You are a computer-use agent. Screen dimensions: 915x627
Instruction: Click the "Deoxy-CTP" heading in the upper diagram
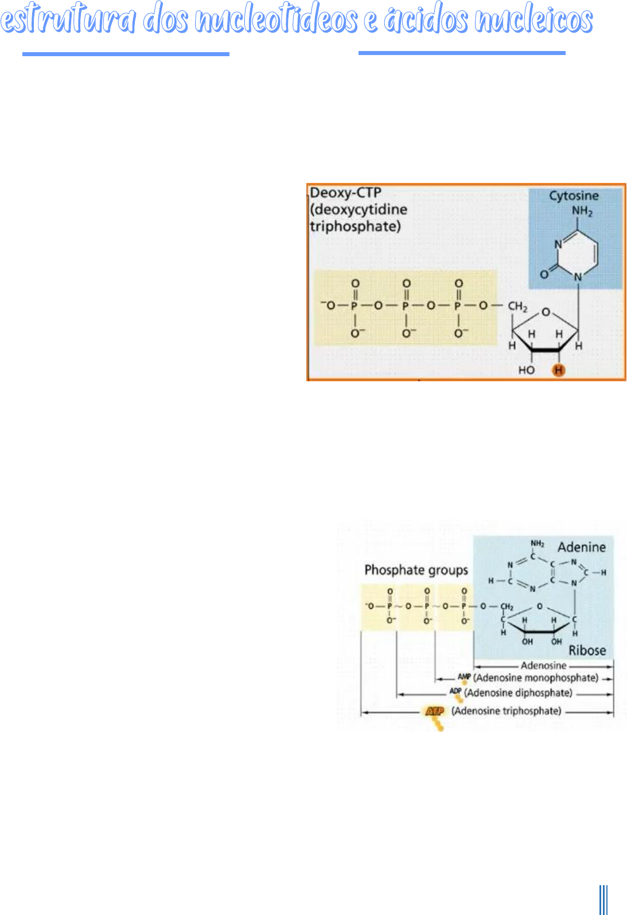click(x=345, y=193)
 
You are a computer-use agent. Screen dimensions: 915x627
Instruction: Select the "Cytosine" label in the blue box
click(x=574, y=196)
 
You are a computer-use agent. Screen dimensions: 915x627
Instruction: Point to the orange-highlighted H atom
click(x=558, y=370)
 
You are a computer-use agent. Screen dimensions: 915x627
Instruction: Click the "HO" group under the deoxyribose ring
click(x=526, y=370)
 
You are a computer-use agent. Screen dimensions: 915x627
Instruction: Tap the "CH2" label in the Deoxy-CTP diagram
click(x=517, y=307)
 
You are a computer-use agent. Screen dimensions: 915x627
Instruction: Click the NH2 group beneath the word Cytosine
click(x=582, y=212)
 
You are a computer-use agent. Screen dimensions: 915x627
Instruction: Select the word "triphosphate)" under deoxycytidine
click(x=355, y=226)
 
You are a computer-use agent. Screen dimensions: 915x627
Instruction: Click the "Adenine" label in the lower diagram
click(x=581, y=547)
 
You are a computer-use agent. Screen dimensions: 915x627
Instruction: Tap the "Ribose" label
click(x=587, y=650)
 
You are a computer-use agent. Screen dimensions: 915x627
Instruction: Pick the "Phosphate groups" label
click(x=416, y=570)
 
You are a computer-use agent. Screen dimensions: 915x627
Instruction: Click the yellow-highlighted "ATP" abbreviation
click(x=434, y=711)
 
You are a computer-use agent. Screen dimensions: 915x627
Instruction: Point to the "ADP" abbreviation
click(x=455, y=691)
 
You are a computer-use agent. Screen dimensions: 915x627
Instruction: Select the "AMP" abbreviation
click(x=464, y=677)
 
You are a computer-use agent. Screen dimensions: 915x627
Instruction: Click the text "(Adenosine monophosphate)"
click(x=536, y=678)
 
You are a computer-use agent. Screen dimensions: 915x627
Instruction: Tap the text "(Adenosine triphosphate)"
click(x=506, y=711)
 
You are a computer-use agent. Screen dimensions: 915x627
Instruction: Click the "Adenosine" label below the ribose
click(x=543, y=666)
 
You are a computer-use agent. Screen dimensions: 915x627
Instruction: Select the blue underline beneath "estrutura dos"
click(x=126, y=54)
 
